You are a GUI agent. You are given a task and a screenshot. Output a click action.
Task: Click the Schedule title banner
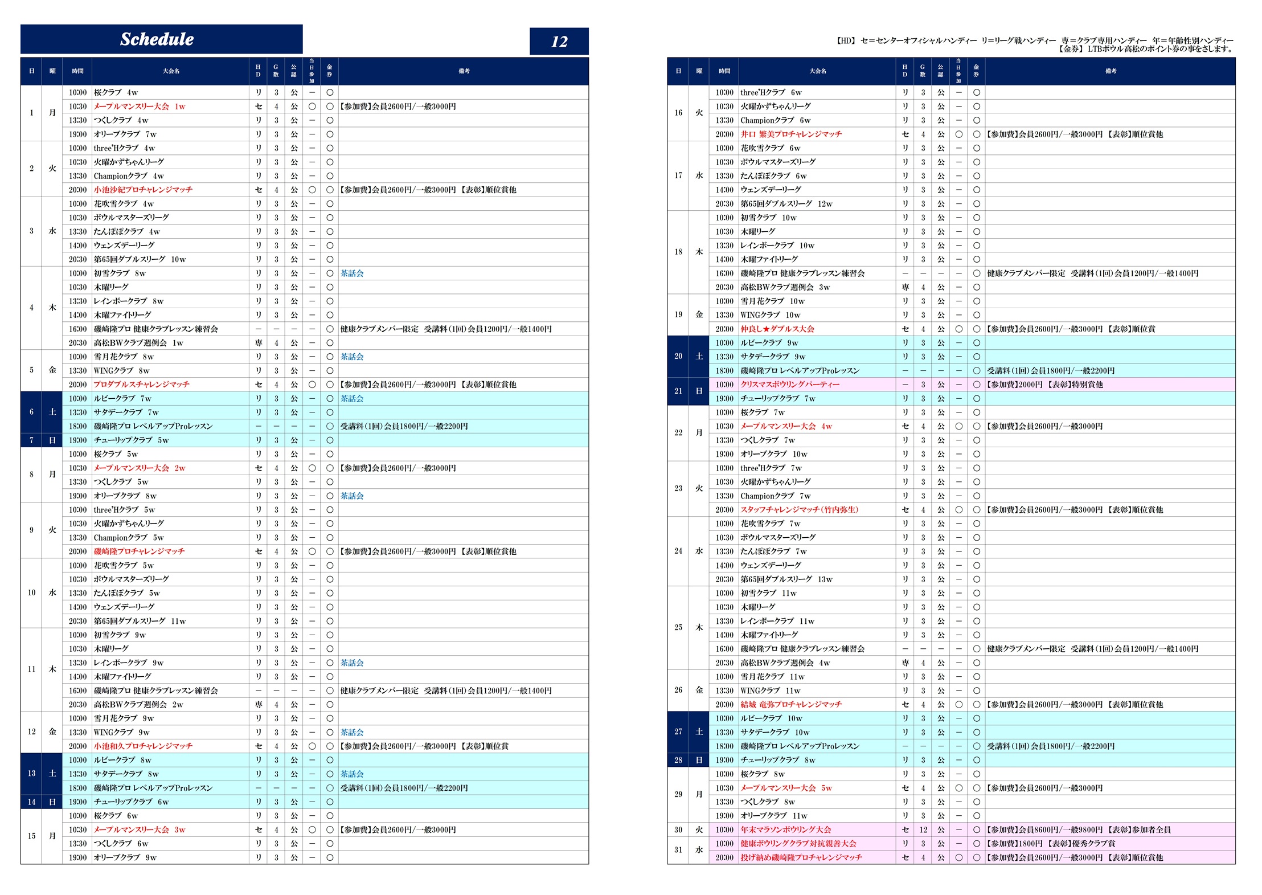(161, 39)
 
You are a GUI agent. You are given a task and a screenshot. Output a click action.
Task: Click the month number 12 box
(559, 41)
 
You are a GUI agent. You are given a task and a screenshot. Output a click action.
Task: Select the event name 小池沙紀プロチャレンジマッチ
(143, 190)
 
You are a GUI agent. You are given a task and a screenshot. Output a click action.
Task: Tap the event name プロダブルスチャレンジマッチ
(141, 385)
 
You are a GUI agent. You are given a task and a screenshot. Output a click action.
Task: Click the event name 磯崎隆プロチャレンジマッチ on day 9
(139, 551)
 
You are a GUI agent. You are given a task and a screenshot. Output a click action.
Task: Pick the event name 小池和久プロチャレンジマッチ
(143, 746)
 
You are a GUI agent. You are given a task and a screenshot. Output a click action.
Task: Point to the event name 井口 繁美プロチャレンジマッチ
(790, 134)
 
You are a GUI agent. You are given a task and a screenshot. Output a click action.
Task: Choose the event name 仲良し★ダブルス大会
(777, 329)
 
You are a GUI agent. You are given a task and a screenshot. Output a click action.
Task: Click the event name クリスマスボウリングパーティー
(789, 385)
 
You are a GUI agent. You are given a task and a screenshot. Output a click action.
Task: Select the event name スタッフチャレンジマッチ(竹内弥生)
(799, 510)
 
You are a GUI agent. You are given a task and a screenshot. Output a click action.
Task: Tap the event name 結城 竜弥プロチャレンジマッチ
(790, 705)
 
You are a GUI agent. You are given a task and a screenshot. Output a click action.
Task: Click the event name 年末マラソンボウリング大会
(785, 830)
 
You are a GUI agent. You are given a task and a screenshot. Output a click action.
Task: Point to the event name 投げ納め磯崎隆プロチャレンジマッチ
(801, 857)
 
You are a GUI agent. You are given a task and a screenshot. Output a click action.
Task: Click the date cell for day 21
(678, 391)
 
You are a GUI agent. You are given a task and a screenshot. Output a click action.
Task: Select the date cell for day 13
(31, 774)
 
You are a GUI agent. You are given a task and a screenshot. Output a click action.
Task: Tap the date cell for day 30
(678, 830)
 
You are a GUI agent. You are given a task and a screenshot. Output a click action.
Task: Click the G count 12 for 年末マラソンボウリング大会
(923, 830)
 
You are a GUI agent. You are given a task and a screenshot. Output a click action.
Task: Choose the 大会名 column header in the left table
(171, 71)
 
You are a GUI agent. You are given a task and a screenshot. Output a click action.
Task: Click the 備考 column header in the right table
(1110, 71)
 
